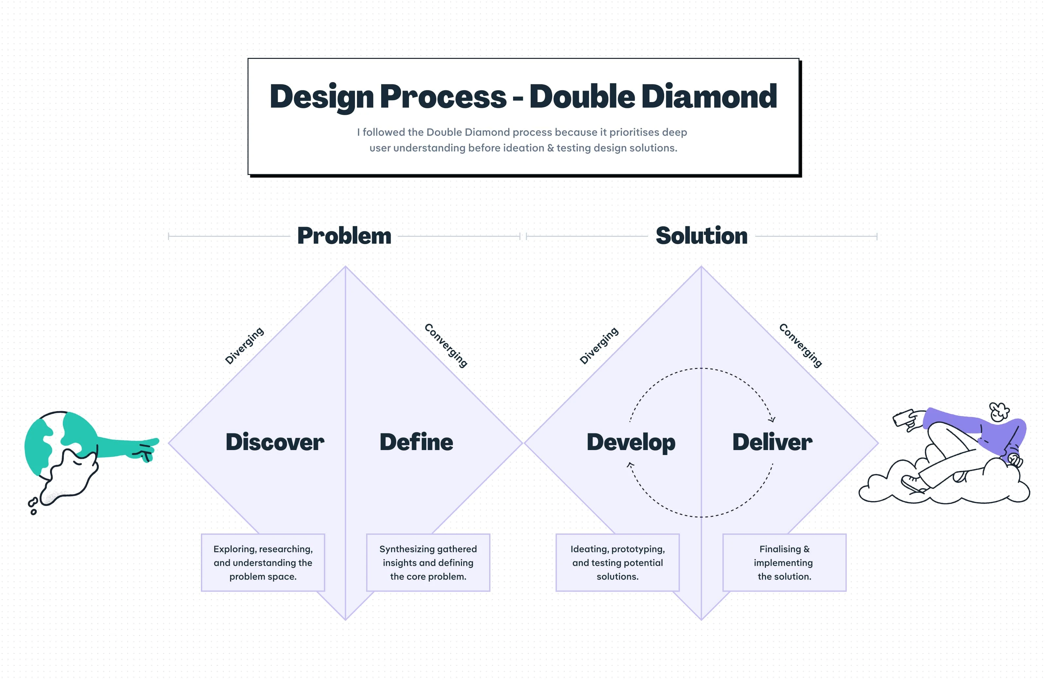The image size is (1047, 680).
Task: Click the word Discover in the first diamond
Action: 275,442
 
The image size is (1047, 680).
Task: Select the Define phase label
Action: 416,442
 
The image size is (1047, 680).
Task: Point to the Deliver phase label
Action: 772,442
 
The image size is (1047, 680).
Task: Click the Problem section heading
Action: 344,236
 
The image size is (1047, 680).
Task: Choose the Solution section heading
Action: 701,236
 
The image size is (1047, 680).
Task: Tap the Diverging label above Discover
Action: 244,346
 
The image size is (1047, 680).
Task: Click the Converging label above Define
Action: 446,345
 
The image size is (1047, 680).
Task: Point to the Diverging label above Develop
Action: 599,346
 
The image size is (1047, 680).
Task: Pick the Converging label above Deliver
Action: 800,345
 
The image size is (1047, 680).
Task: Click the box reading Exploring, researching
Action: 263,563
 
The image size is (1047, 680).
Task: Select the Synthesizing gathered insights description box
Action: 428,563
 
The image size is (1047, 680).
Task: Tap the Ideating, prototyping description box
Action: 618,563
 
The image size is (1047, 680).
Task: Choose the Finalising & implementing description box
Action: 784,563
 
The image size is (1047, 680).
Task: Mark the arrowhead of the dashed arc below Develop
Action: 630,464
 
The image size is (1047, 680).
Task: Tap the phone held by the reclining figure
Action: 902,417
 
